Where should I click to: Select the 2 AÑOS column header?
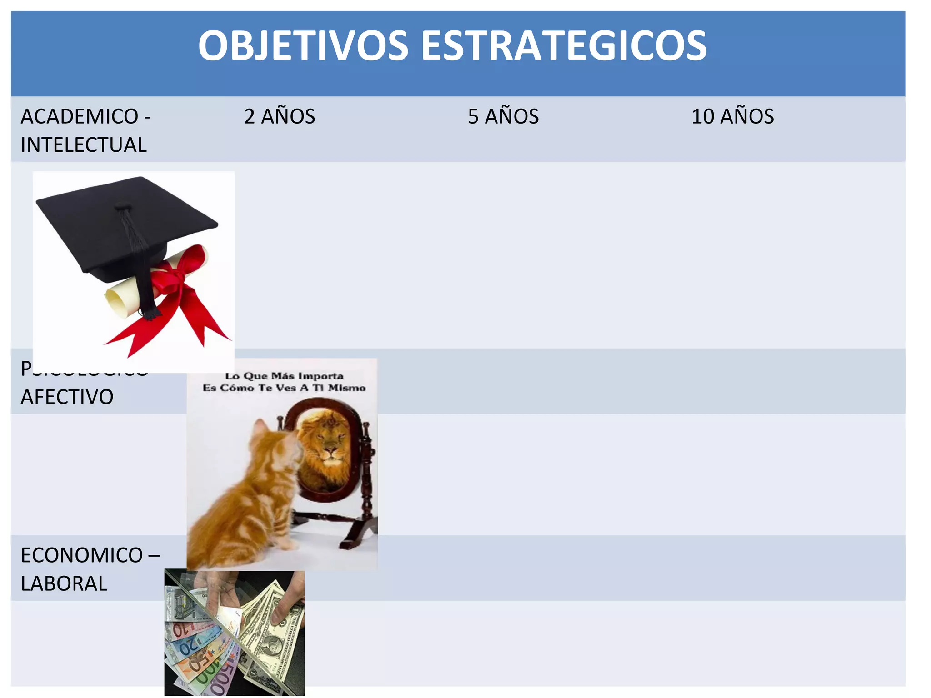tap(280, 116)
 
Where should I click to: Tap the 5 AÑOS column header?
tap(503, 116)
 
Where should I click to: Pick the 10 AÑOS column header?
tap(732, 116)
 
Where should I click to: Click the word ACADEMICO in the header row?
tap(80, 116)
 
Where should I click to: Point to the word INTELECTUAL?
tap(84, 145)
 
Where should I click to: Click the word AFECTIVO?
tap(67, 397)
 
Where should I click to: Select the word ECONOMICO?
tap(82, 555)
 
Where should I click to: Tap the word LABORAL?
tap(64, 583)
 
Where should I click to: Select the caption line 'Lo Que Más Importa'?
tap(284, 376)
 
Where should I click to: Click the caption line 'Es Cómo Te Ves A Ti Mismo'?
tap(284, 388)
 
